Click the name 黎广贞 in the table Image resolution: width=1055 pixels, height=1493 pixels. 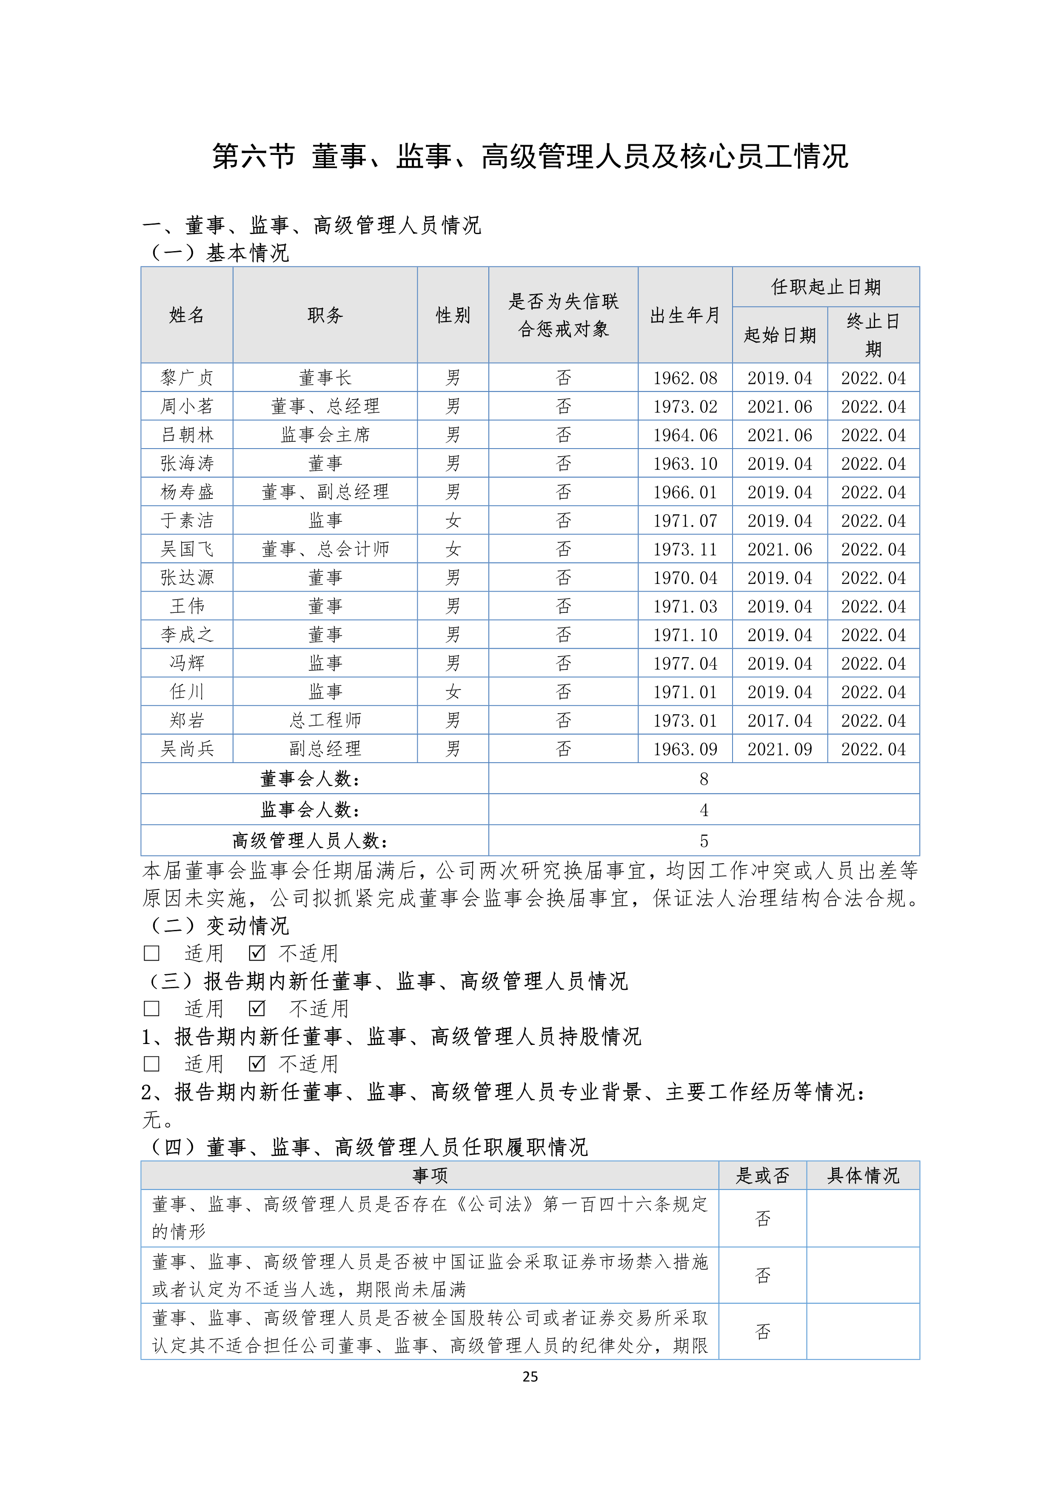coord(187,378)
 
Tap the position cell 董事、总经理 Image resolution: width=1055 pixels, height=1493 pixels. coord(325,406)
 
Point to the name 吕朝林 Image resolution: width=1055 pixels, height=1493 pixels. coord(187,435)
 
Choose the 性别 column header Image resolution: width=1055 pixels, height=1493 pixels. coord(453,315)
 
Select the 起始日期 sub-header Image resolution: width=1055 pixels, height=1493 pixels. coord(779,335)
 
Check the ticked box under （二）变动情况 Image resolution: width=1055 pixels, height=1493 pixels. coord(257,953)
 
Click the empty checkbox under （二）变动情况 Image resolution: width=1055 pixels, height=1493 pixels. coord(151,953)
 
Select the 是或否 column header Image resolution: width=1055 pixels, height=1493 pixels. coord(762,1175)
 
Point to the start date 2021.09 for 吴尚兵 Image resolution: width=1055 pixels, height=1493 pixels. coord(779,749)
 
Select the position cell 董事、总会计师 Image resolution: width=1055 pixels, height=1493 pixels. coord(325,549)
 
